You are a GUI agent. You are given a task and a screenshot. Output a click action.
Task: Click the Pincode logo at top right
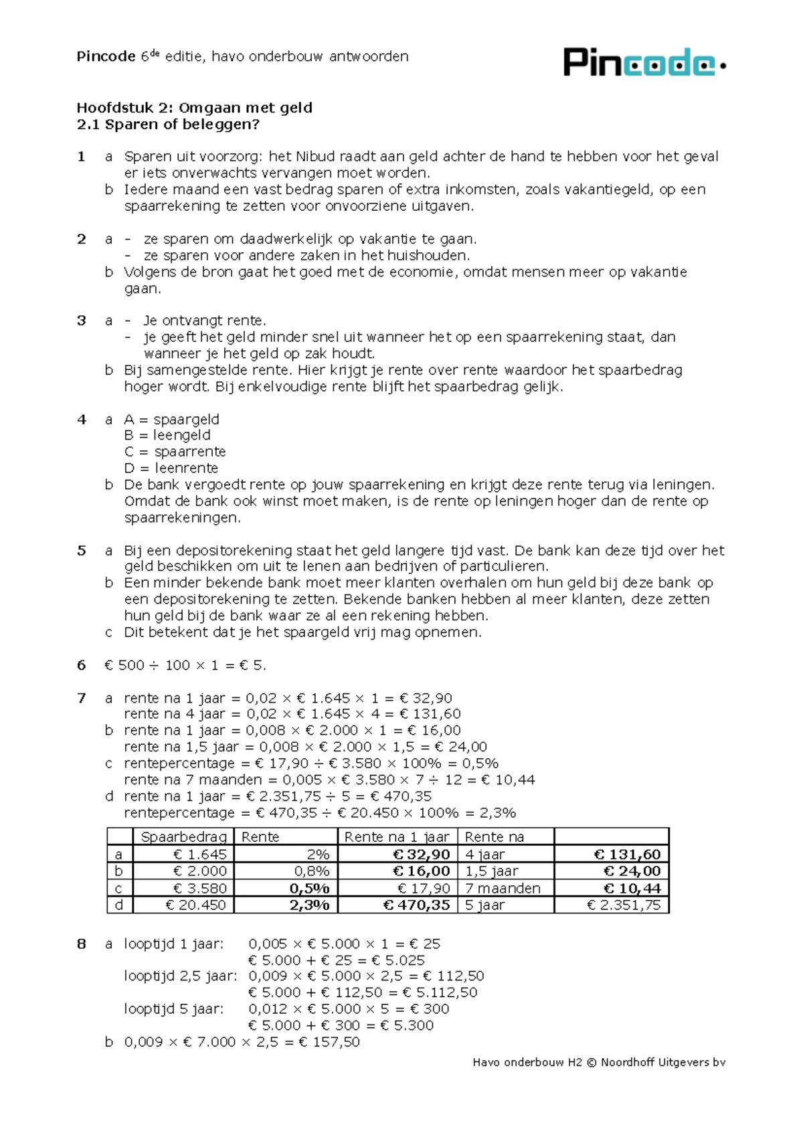(x=644, y=62)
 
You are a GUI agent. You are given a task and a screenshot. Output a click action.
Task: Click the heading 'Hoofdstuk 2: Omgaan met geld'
(x=194, y=108)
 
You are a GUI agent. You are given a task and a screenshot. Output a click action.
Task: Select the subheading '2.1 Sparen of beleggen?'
(x=168, y=124)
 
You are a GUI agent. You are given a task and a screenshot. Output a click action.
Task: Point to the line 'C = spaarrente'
(x=175, y=452)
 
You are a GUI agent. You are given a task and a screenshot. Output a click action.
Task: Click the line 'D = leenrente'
(x=171, y=468)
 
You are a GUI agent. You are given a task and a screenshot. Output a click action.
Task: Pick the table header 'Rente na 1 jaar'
(x=397, y=837)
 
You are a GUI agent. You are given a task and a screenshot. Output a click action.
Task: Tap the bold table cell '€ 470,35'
(x=416, y=905)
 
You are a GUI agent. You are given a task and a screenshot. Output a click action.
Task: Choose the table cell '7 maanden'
(x=502, y=889)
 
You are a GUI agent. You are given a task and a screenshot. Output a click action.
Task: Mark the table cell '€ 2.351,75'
(x=623, y=905)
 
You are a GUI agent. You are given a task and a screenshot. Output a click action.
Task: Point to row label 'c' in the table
(x=119, y=889)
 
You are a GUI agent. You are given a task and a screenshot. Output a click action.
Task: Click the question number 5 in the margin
(x=82, y=551)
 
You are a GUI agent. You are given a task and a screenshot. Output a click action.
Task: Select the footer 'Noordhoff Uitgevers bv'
(x=662, y=1062)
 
